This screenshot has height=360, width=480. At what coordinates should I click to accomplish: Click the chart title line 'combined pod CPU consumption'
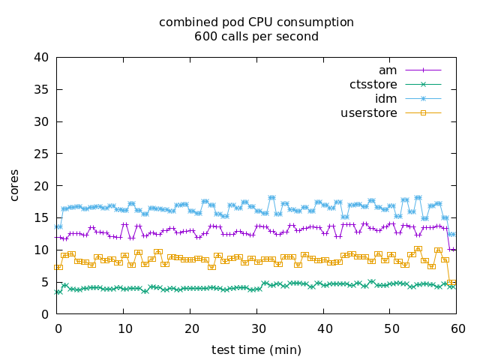pos(256,22)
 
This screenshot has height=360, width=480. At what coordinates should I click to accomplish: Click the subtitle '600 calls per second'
pos(256,37)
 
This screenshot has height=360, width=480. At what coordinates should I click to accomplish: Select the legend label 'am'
pos(388,70)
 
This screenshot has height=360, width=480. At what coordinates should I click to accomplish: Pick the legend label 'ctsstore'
pos(373,85)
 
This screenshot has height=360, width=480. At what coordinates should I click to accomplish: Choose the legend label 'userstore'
pos(369,113)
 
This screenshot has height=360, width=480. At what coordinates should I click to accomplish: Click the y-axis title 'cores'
pos(15,185)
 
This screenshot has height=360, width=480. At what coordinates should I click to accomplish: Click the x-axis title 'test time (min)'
pos(256,349)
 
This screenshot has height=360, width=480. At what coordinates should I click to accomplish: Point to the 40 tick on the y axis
pos(43,58)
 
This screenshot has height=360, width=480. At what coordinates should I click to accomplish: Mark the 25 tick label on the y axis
pos(43,154)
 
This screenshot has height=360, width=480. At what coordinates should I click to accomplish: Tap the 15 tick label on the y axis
pos(43,218)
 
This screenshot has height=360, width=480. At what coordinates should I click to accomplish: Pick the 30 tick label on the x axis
pos(257,328)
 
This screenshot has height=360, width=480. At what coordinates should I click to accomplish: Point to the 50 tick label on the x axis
pos(390,328)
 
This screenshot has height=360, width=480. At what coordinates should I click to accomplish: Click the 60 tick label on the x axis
pos(457,328)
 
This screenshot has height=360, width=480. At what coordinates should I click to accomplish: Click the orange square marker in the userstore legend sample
pos(423,113)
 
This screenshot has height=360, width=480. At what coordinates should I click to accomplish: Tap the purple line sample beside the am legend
pos(423,70)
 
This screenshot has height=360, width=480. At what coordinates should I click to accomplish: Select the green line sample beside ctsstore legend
pos(423,85)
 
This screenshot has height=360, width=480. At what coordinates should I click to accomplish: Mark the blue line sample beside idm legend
pos(423,99)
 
